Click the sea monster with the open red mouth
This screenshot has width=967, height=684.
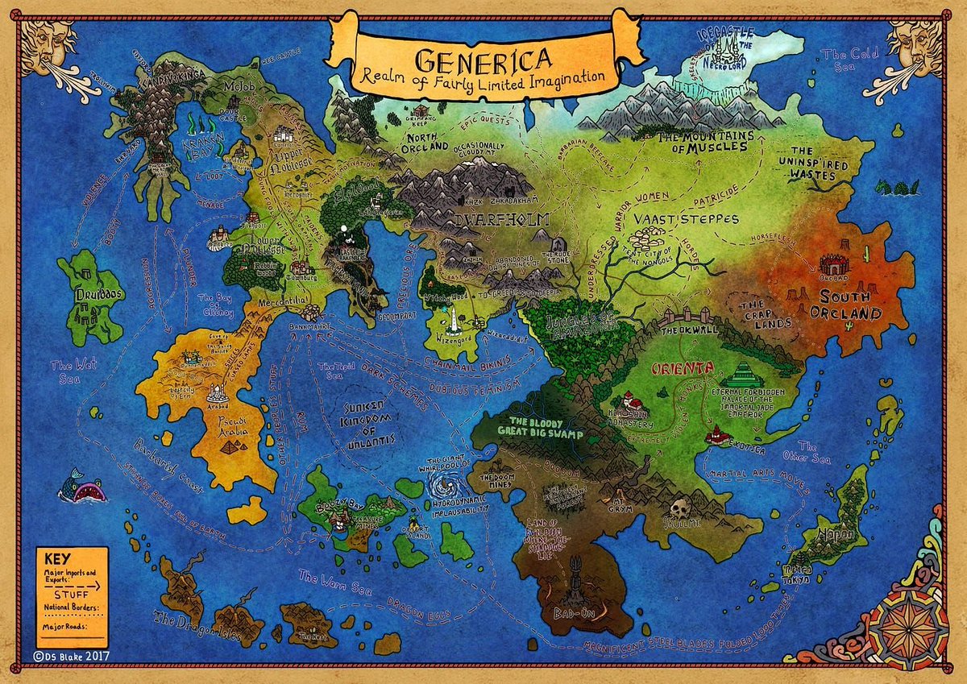(x=82, y=486)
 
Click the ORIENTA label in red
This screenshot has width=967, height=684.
(x=683, y=368)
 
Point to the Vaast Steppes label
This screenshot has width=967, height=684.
(x=668, y=218)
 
